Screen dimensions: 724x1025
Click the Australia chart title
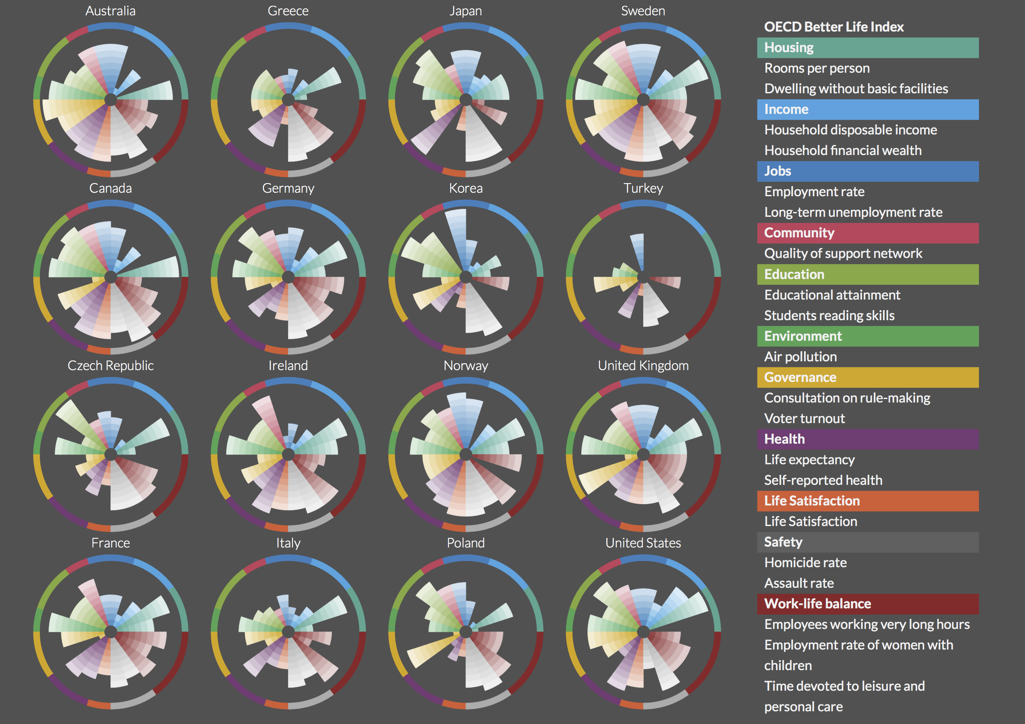point(110,11)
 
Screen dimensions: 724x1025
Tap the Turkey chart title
point(643,188)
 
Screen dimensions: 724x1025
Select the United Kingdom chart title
point(643,365)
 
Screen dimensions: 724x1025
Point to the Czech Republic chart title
point(110,365)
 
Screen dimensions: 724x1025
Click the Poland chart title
point(466,543)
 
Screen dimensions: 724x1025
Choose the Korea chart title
point(466,188)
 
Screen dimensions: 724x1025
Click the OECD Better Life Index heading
point(833,27)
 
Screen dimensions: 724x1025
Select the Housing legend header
point(789,48)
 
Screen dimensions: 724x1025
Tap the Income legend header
point(786,109)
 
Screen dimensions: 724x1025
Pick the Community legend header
point(799,233)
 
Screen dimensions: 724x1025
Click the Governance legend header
point(800,378)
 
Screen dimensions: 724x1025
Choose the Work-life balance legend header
point(817,604)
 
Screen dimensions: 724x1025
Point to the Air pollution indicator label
point(801,357)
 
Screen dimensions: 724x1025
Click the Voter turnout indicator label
point(804,418)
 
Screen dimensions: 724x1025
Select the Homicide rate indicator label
point(805,562)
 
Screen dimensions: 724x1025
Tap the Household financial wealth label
point(843,150)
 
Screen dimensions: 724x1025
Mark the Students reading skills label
point(829,315)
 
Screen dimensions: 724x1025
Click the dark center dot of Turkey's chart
point(643,277)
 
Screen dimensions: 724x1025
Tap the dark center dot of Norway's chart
point(466,455)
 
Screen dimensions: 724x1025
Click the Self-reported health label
point(823,480)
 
